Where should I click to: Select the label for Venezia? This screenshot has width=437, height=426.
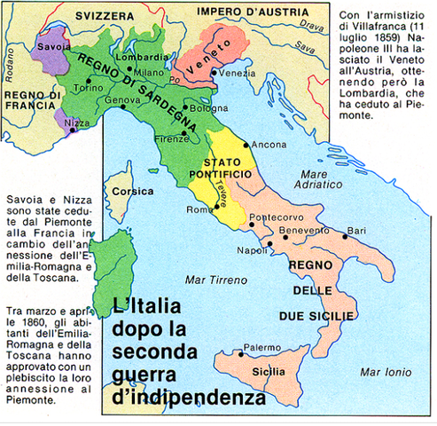coord(237,72)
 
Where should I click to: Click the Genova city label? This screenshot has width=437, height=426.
coord(123,100)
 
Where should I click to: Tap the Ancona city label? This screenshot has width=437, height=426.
coord(269,144)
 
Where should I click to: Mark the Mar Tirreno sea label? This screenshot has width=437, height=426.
coord(209,280)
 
